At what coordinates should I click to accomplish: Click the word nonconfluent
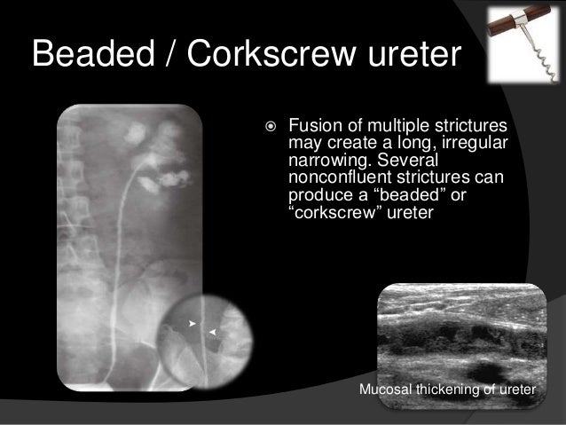pos(342,177)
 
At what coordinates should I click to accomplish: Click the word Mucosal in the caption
pos(384,391)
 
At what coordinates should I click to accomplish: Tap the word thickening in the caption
pos(448,391)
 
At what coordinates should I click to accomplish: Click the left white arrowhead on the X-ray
pos(192,324)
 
